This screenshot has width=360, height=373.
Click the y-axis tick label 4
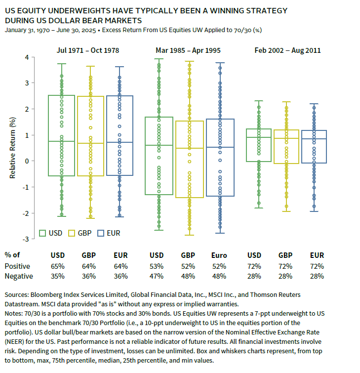coord(27,57)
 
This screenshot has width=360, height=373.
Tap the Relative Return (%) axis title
coord(12,148)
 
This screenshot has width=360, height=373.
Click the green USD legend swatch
coord(42,233)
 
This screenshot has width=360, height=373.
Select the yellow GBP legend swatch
coord(72,233)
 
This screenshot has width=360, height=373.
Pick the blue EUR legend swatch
coord(101,233)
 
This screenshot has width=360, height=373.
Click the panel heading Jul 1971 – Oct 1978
coord(88,50)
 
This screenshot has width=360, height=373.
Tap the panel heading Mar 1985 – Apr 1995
coord(188,50)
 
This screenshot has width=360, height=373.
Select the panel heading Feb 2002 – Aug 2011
coord(287,50)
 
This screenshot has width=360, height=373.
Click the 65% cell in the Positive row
coord(58,266)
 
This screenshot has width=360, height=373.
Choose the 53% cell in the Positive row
coord(157,266)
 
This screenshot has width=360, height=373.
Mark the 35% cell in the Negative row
coord(58,276)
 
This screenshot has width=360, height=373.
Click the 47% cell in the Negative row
coord(157,276)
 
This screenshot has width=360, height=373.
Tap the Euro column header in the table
coord(219,255)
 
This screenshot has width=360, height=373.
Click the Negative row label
coord(19,276)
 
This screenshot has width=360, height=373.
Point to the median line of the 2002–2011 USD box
coord(259,137)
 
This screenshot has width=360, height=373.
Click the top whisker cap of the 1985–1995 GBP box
coord(190,61)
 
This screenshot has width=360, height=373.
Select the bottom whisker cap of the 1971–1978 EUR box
coord(120,217)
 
